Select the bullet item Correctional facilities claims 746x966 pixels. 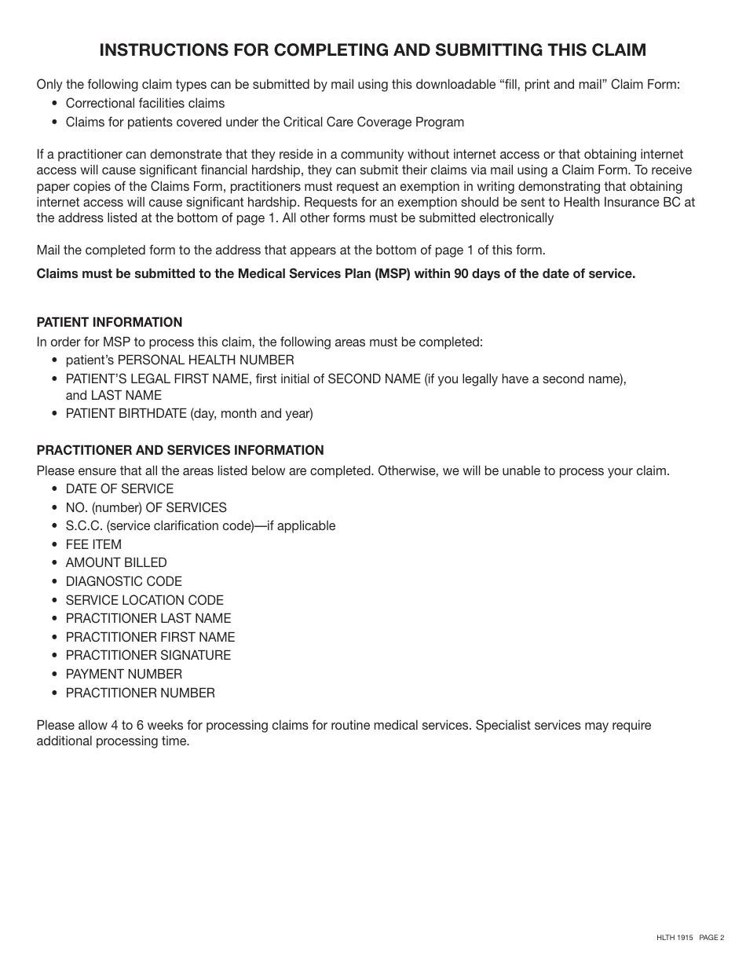pos(144,104)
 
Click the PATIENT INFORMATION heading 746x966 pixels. pos(109,322)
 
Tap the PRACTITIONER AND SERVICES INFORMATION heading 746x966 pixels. pos(180,450)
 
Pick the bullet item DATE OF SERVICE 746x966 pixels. pos(119,488)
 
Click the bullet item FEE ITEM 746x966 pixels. pos(93,544)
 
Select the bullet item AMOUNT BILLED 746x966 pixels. pos(116,563)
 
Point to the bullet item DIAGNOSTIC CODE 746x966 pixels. pos(123,582)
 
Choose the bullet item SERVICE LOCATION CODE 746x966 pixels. pos(144,600)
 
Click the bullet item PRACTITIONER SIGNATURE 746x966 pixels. pos(148,656)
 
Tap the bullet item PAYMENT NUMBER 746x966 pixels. pos(123,675)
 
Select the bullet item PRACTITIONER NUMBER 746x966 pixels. pos(140,693)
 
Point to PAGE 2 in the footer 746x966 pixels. pos(711,937)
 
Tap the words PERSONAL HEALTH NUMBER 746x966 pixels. pos(206,360)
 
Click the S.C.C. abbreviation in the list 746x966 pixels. pos(85,526)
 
